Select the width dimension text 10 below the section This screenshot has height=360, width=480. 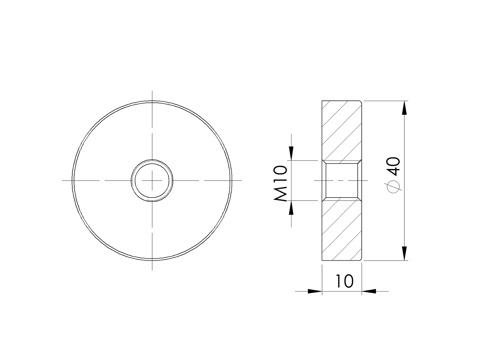click(x=345, y=281)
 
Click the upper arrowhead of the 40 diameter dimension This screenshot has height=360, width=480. click(x=405, y=108)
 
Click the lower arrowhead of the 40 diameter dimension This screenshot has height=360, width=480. click(x=405, y=253)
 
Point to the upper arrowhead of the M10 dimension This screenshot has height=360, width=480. click(x=291, y=153)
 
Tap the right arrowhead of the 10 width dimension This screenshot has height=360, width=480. click(x=369, y=291)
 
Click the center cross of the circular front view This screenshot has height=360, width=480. click(x=152, y=180)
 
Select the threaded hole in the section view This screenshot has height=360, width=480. click(x=342, y=180)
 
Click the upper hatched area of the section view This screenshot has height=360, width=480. click(x=342, y=130)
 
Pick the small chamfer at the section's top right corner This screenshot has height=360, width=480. click(x=361, y=102)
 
